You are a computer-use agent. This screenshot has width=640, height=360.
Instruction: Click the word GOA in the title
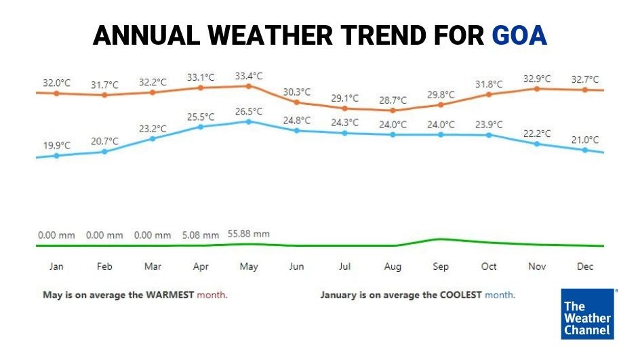click(519, 35)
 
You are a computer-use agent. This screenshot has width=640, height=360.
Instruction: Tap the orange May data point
click(249, 86)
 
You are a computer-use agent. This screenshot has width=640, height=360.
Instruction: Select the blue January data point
click(56, 155)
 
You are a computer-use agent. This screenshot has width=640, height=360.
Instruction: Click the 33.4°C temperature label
click(249, 76)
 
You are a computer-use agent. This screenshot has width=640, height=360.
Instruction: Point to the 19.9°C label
click(57, 145)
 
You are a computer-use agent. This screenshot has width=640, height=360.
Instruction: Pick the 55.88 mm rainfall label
click(249, 234)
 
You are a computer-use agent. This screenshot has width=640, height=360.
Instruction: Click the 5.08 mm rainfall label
click(201, 235)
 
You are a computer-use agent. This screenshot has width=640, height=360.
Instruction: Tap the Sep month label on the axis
click(441, 266)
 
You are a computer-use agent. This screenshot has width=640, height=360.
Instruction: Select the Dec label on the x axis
click(585, 266)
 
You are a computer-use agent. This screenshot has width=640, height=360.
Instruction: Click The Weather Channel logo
click(588, 314)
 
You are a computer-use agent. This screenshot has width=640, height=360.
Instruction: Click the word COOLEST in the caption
click(460, 296)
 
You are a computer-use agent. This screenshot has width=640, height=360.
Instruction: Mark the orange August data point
click(393, 111)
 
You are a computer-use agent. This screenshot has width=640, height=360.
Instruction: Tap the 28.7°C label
click(393, 100)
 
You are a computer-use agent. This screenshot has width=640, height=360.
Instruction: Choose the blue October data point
click(489, 135)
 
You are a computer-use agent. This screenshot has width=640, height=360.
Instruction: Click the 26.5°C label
click(249, 111)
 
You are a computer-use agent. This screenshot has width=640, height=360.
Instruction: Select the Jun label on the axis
click(297, 266)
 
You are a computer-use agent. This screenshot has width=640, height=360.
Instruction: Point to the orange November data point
click(537, 89)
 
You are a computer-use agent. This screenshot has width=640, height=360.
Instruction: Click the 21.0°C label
click(585, 140)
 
